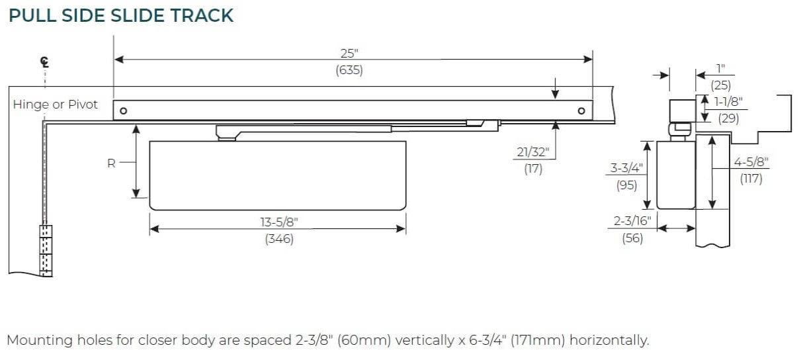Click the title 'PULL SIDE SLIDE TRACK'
click(121, 15)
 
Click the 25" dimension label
click(349, 54)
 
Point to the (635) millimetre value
click(349, 70)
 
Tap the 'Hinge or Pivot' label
click(55, 105)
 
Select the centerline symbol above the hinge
click(45, 62)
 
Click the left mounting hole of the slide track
click(123, 111)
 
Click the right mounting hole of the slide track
click(581, 111)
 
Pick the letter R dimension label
click(111, 163)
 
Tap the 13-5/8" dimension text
click(279, 222)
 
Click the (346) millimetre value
click(279, 238)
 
